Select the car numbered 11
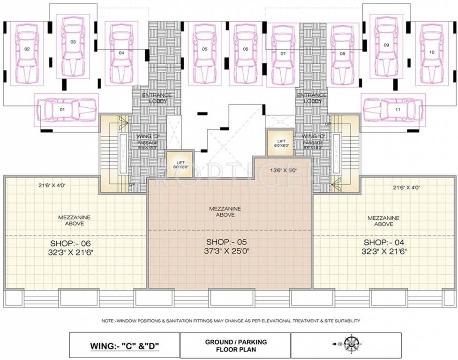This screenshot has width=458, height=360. (393, 110)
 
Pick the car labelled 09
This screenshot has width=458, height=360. (387, 46)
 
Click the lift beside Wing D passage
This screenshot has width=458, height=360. (180, 164)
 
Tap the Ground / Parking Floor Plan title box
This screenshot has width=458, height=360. (235, 345)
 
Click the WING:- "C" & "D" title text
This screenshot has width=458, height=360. (125, 347)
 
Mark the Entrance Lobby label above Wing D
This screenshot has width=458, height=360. (157, 98)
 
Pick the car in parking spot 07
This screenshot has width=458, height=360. (283, 54)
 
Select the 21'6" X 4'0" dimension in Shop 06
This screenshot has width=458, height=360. (52, 185)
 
